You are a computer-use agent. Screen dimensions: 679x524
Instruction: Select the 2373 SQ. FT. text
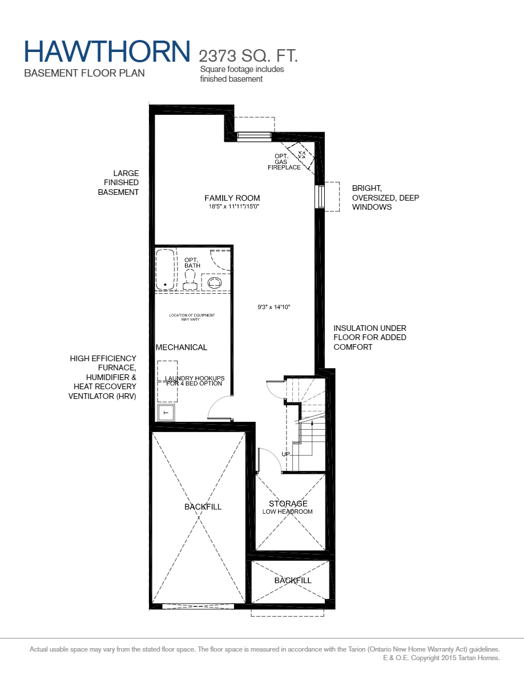[x=248, y=56]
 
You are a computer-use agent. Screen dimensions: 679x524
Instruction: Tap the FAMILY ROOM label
[x=228, y=198]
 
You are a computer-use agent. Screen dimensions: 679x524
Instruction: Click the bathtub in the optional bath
[x=166, y=269]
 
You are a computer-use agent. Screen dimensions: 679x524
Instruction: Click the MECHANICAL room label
[x=182, y=347]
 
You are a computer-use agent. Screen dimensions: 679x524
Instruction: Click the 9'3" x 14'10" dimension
[x=274, y=307]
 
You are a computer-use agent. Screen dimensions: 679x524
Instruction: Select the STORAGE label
[x=288, y=504]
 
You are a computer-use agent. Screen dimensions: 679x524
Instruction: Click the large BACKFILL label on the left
[x=203, y=507]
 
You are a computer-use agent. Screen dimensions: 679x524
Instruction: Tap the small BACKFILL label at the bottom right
[x=293, y=580]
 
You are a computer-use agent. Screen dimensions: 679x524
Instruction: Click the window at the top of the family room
[x=253, y=135]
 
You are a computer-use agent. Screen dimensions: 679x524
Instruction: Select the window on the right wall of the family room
[x=321, y=197]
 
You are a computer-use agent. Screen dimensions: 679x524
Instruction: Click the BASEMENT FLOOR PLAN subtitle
[x=84, y=73]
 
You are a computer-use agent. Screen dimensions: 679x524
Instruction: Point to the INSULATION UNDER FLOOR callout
[x=370, y=337]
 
